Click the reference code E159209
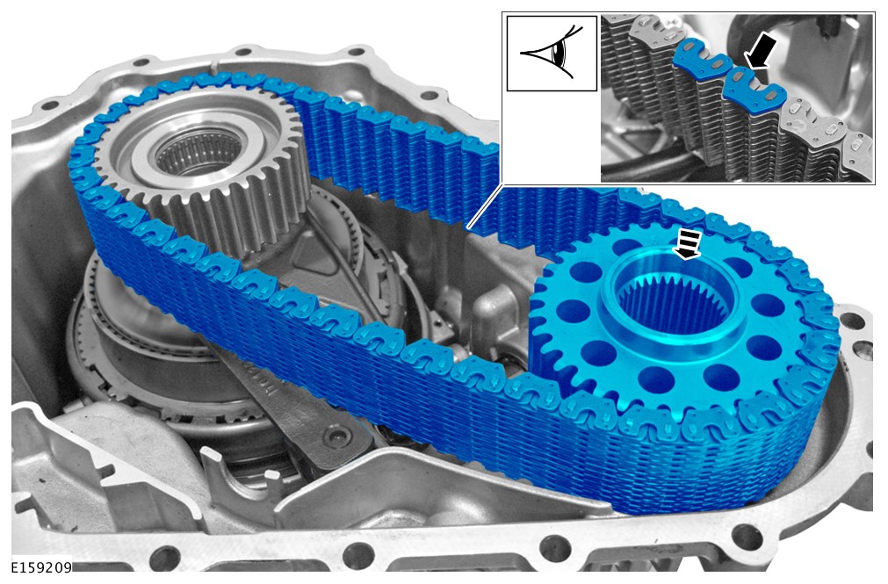pos(41,567)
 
